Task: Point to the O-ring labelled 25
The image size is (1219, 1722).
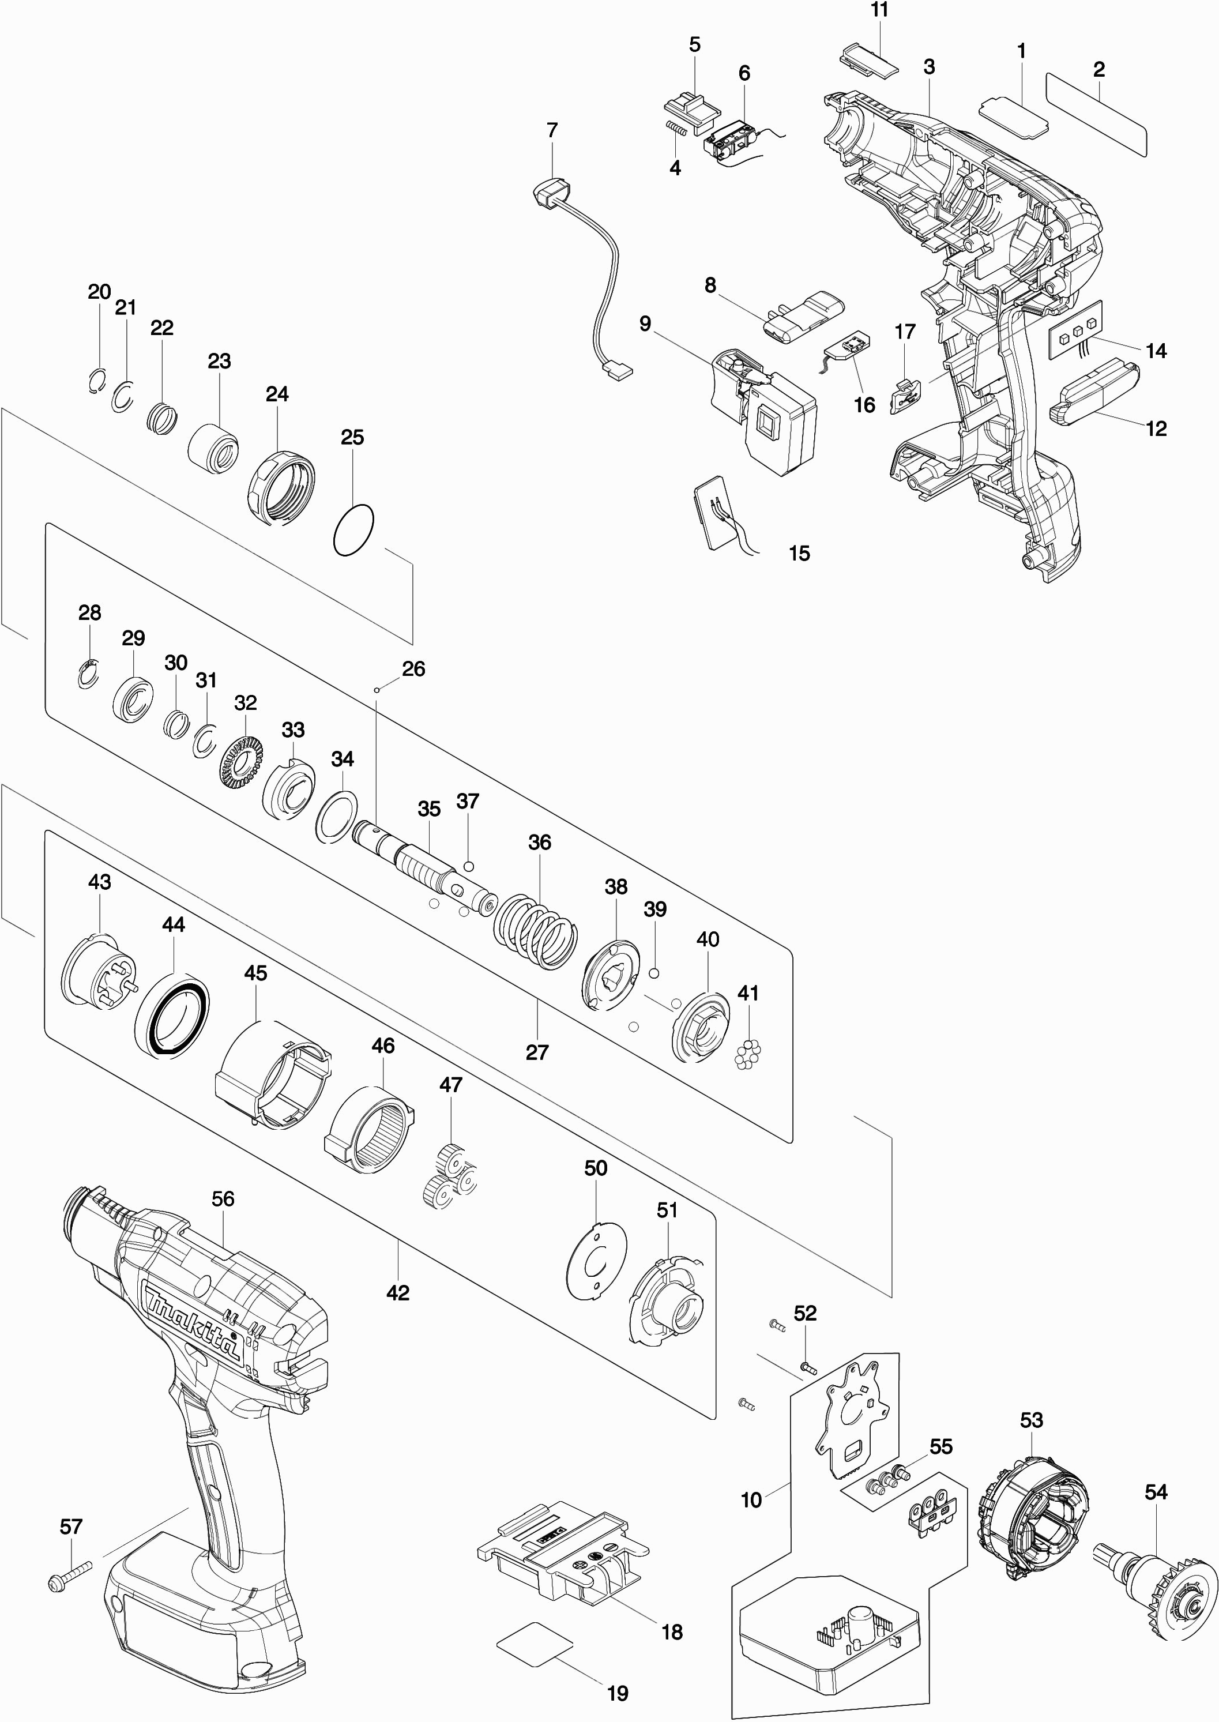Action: [x=353, y=530]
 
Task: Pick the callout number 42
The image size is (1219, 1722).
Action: [x=398, y=1292]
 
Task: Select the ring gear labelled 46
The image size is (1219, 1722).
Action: [x=371, y=1132]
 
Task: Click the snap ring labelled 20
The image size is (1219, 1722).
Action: [x=95, y=382]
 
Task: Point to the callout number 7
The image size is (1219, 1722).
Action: [x=552, y=130]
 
